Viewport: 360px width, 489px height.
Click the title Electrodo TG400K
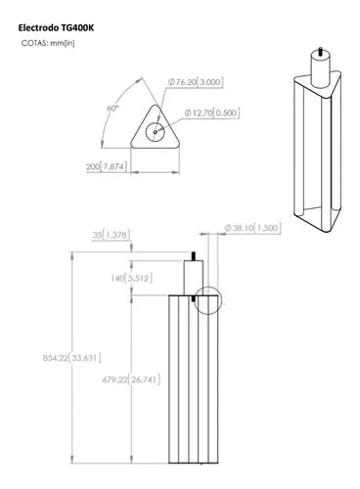(56, 27)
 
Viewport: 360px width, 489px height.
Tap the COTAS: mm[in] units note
(48, 43)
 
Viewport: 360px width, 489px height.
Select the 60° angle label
(112, 109)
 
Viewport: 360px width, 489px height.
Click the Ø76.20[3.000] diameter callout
(196, 82)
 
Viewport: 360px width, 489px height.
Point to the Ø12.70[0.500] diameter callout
(212, 112)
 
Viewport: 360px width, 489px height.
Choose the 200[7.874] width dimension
(107, 166)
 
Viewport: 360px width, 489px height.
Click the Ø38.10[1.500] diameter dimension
(252, 228)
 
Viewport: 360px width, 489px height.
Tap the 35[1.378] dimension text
(112, 235)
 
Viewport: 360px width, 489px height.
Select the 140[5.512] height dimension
(131, 278)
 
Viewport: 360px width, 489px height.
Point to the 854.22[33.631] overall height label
(71, 358)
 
